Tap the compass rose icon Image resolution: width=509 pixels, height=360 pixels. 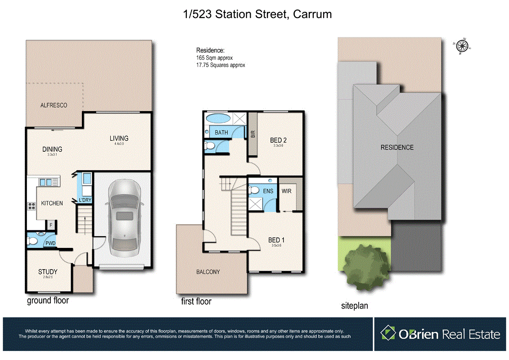[461, 45]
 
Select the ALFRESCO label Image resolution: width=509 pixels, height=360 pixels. [54, 105]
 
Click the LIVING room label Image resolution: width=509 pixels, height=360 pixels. [119, 139]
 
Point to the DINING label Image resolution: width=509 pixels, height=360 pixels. [52, 149]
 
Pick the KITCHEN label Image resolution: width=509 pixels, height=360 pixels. [52, 203]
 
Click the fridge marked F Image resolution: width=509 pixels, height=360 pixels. [51, 224]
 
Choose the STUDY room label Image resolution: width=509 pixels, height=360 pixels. [47, 272]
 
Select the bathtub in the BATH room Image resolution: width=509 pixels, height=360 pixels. [218, 119]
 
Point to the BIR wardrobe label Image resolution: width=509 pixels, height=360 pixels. [252, 134]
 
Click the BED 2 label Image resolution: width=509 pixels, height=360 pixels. [278, 140]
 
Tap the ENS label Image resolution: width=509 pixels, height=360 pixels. [268, 191]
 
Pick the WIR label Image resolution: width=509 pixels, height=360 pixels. [287, 191]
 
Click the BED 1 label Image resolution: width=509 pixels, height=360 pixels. [276, 240]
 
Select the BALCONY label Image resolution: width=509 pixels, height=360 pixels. [208, 272]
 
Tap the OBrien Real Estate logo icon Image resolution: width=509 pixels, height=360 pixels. [388, 333]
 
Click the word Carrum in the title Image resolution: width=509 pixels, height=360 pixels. [312, 14]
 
